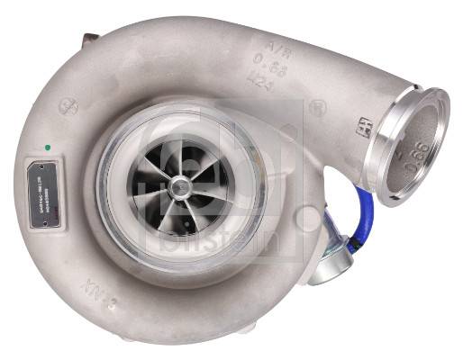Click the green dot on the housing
point(45,146)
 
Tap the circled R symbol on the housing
point(317,108)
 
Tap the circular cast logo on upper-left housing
point(68,106)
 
